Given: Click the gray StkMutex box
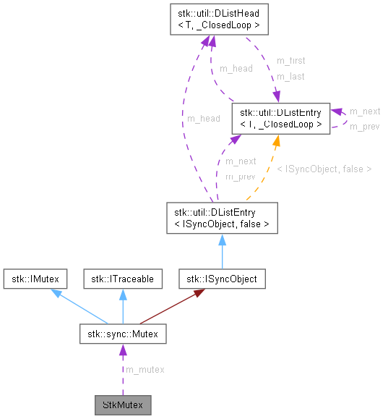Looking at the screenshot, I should [122, 404].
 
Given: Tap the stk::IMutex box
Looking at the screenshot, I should [35, 278].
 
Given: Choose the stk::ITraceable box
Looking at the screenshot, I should [122, 278].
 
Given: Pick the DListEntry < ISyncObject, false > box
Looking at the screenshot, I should [221, 218].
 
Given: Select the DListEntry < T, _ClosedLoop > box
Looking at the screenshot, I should [280, 118].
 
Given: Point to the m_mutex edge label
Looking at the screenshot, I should [145, 370].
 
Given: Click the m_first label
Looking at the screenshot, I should [290, 61].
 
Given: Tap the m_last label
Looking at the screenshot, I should [290, 76].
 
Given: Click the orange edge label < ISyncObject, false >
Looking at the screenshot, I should [324, 169].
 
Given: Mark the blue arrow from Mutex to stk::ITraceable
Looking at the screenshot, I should [122, 305].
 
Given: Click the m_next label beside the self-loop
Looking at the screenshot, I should [364, 111].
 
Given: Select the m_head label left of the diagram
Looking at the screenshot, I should [203, 119].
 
